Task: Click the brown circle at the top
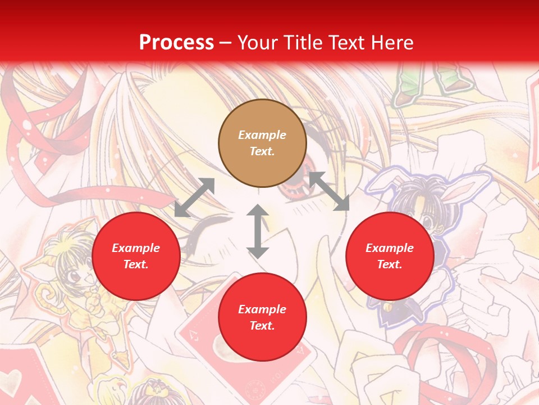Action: click(262, 143)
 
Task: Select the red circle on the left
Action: click(136, 256)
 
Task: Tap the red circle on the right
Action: click(390, 256)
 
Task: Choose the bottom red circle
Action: click(262, 317)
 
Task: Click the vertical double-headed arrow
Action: click(258, 231)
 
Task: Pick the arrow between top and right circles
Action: click(329, 191)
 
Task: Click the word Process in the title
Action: click(176, 42)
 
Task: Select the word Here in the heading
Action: click(393, 42)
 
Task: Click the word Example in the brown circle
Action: click(262, 135)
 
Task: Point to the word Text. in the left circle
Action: click(136, 264)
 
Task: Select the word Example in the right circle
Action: click(390, 248)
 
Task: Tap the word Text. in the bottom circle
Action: click(262, 326)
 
